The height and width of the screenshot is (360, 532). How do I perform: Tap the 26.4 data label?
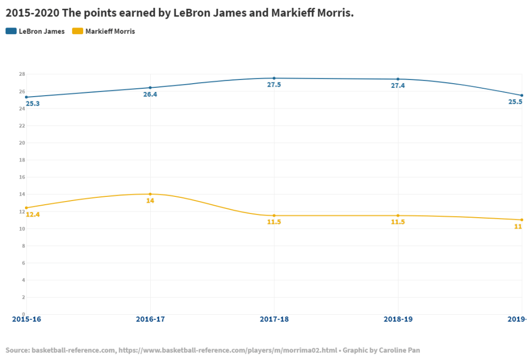tap(150, 95)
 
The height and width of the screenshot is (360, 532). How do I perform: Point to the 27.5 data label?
tap(274, 85)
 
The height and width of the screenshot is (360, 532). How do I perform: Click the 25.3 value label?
tap(33, 104)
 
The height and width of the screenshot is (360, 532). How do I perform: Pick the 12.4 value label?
tap(33, 215)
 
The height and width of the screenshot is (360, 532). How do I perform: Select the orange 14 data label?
tap(150, 201)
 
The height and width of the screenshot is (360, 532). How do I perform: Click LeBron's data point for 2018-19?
tap(398, 79)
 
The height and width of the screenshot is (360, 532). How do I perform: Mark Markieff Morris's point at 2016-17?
tap(150, 194)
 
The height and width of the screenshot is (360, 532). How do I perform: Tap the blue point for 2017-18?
tap(274, 78)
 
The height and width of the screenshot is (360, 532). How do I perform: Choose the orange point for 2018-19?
tap(398, 216)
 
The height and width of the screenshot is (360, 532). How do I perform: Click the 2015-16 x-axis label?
tap(26, 319)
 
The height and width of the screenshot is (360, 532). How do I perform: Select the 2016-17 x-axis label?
tap(150, 319)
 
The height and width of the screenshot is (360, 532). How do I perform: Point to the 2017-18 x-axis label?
tap(274, 319)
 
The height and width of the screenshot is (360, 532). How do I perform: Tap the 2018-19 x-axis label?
tap(398, 319)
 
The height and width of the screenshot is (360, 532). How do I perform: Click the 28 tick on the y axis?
tap(22, 74)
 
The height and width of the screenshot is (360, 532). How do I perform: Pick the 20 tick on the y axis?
tap(22, 143)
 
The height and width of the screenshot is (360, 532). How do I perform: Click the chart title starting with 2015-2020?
tap(179, 13)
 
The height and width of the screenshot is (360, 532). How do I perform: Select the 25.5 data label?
tap(515, 102)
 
